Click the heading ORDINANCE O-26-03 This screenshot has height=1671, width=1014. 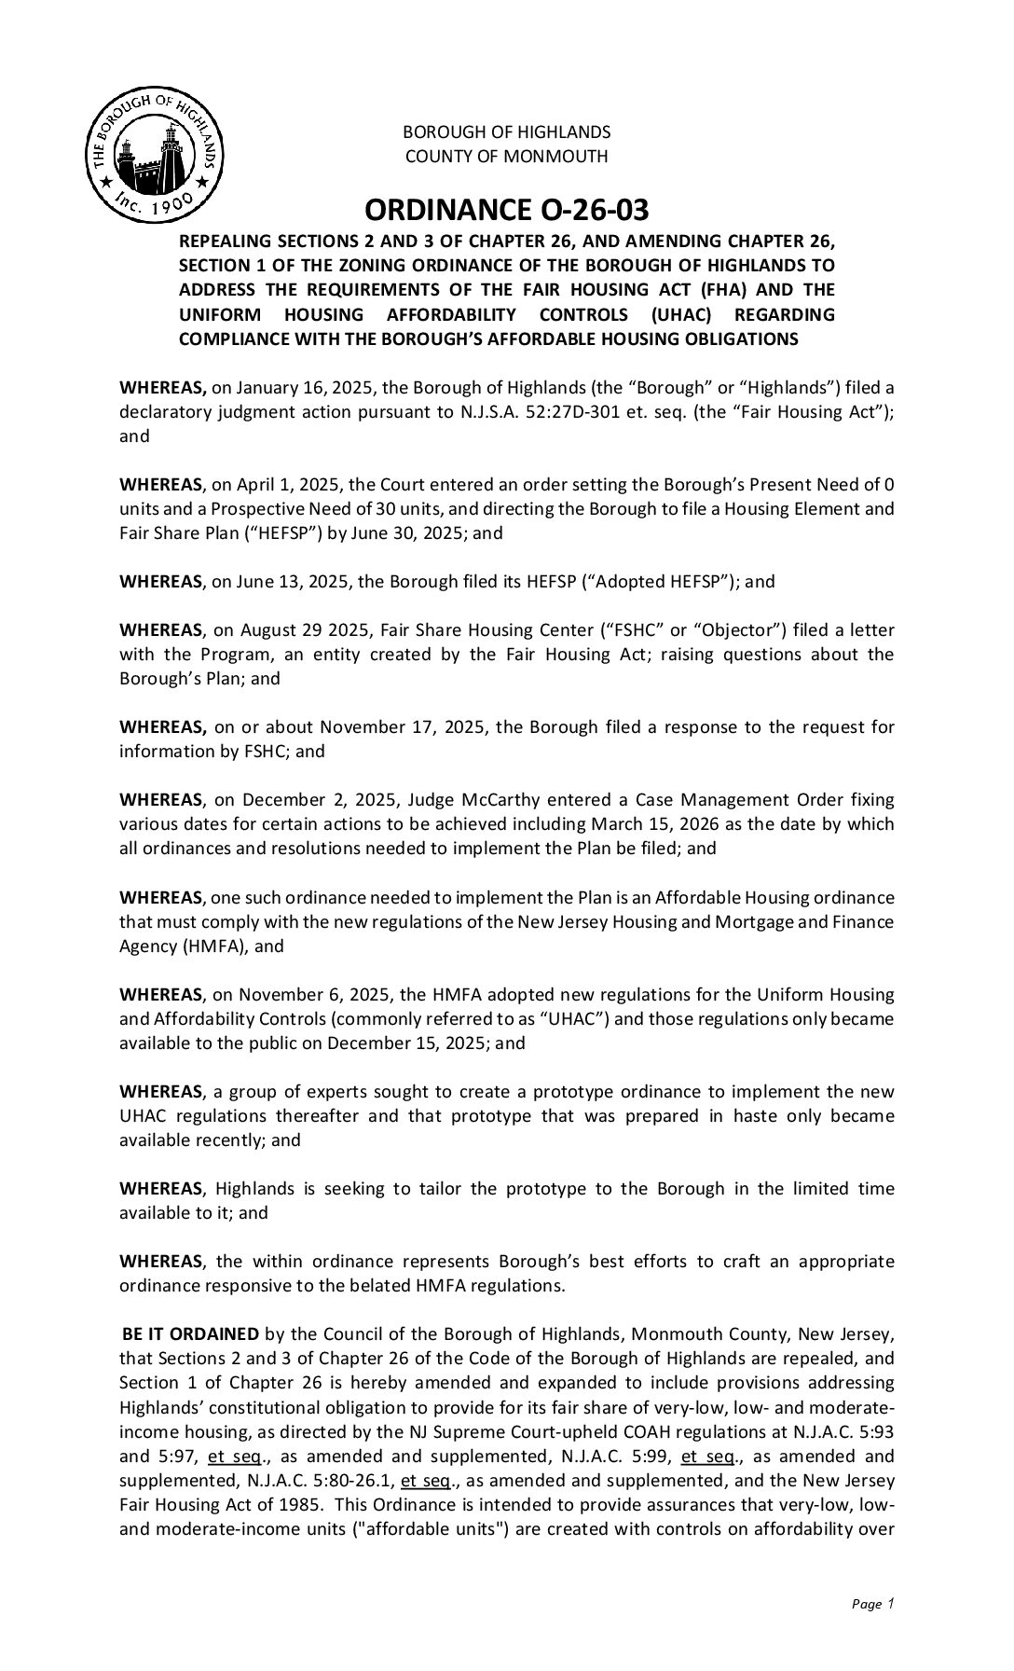click(x=506, y=209)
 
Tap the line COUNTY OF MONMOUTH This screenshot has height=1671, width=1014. click(x=506, y=156)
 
